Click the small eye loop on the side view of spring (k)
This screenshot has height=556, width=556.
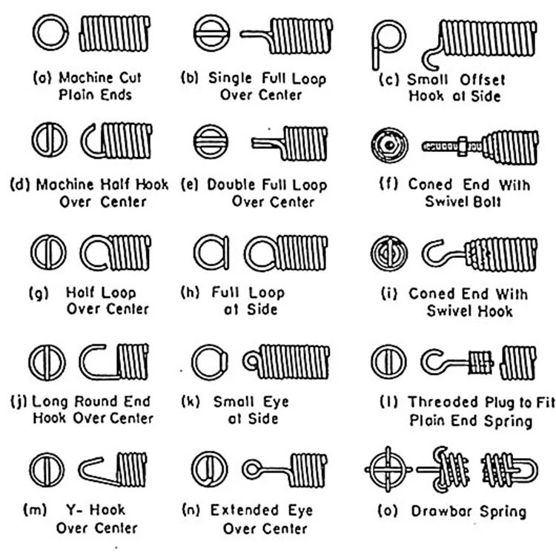pyautogui.click(x=252, y=361)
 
